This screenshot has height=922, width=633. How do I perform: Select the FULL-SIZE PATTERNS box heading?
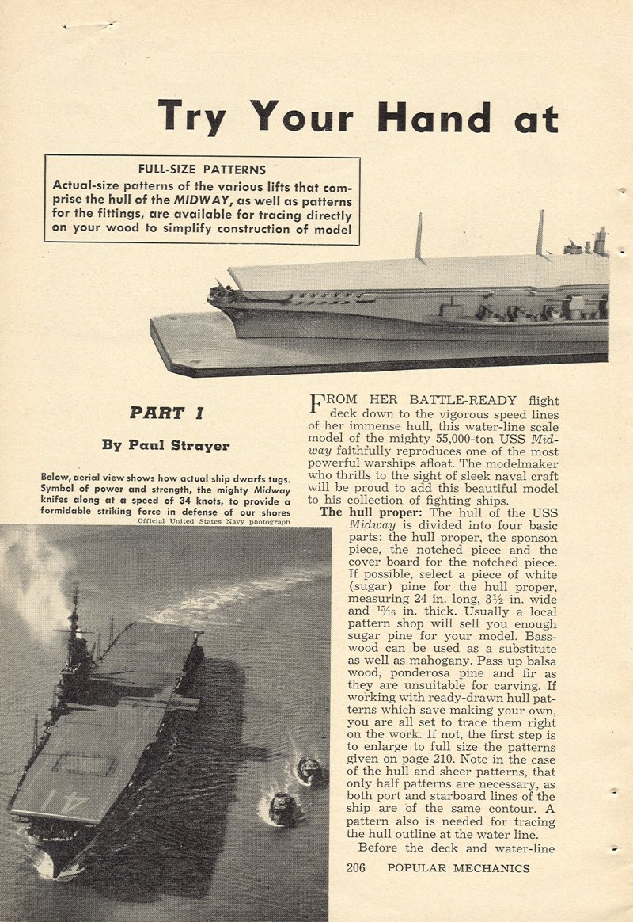202,169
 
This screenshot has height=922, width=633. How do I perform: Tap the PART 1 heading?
167,413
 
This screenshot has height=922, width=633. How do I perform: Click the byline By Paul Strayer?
165,445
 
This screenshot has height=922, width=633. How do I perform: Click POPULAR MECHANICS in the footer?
458,868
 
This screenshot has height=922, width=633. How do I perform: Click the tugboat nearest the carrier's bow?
281,807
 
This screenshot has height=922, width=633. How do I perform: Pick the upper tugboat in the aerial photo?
309,768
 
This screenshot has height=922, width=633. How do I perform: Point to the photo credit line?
214,521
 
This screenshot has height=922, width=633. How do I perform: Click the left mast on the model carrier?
419,235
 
